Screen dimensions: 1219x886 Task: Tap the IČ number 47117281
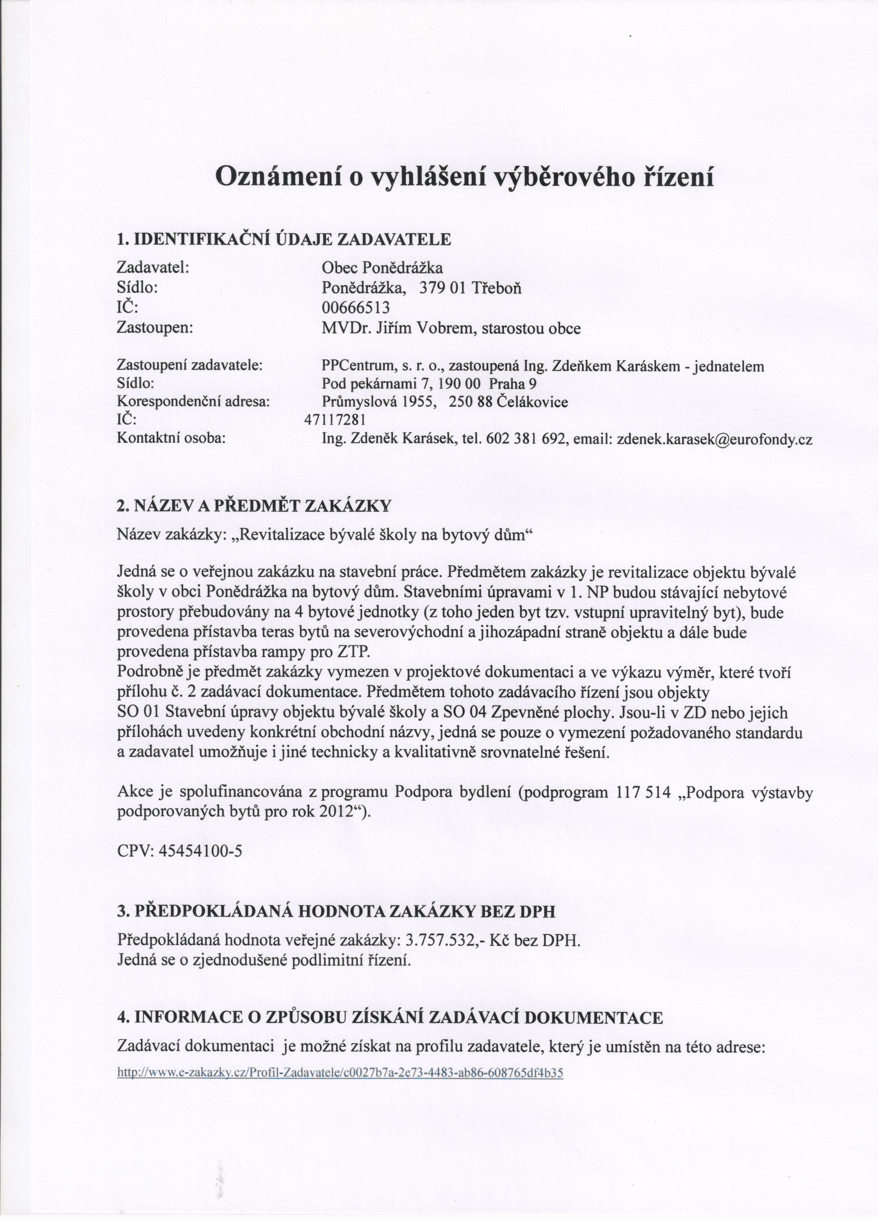[x=335, y=420]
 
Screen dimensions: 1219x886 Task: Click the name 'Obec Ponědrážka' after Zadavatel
[x=382, y=267]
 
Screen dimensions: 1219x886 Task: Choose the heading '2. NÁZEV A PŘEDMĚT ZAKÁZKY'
[x=254, y=506]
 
